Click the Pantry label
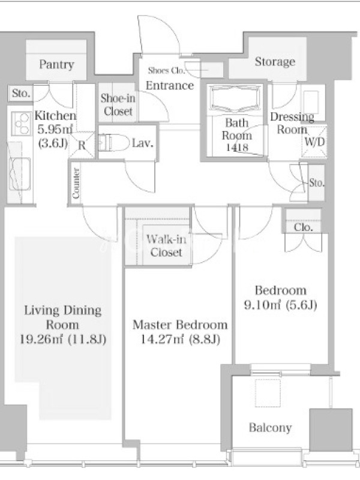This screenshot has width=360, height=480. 56,64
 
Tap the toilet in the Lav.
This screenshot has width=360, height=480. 113,143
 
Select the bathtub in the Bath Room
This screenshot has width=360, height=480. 235,99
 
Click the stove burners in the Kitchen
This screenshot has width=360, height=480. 21,124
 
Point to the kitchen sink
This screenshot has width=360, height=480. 20,174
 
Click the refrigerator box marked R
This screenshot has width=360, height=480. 82,145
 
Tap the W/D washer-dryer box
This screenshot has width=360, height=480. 314,142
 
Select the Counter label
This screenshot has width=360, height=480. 76,183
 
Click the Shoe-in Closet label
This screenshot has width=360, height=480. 118,104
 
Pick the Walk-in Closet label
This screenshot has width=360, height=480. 166,245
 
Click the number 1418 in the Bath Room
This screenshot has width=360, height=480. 237,148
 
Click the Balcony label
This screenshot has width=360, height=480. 271,427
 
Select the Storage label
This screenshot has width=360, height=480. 275,62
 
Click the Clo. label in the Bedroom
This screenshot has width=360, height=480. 304,227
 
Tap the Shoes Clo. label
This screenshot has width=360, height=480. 167,70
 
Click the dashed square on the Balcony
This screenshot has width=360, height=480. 268,393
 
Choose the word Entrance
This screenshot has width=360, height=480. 170,85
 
